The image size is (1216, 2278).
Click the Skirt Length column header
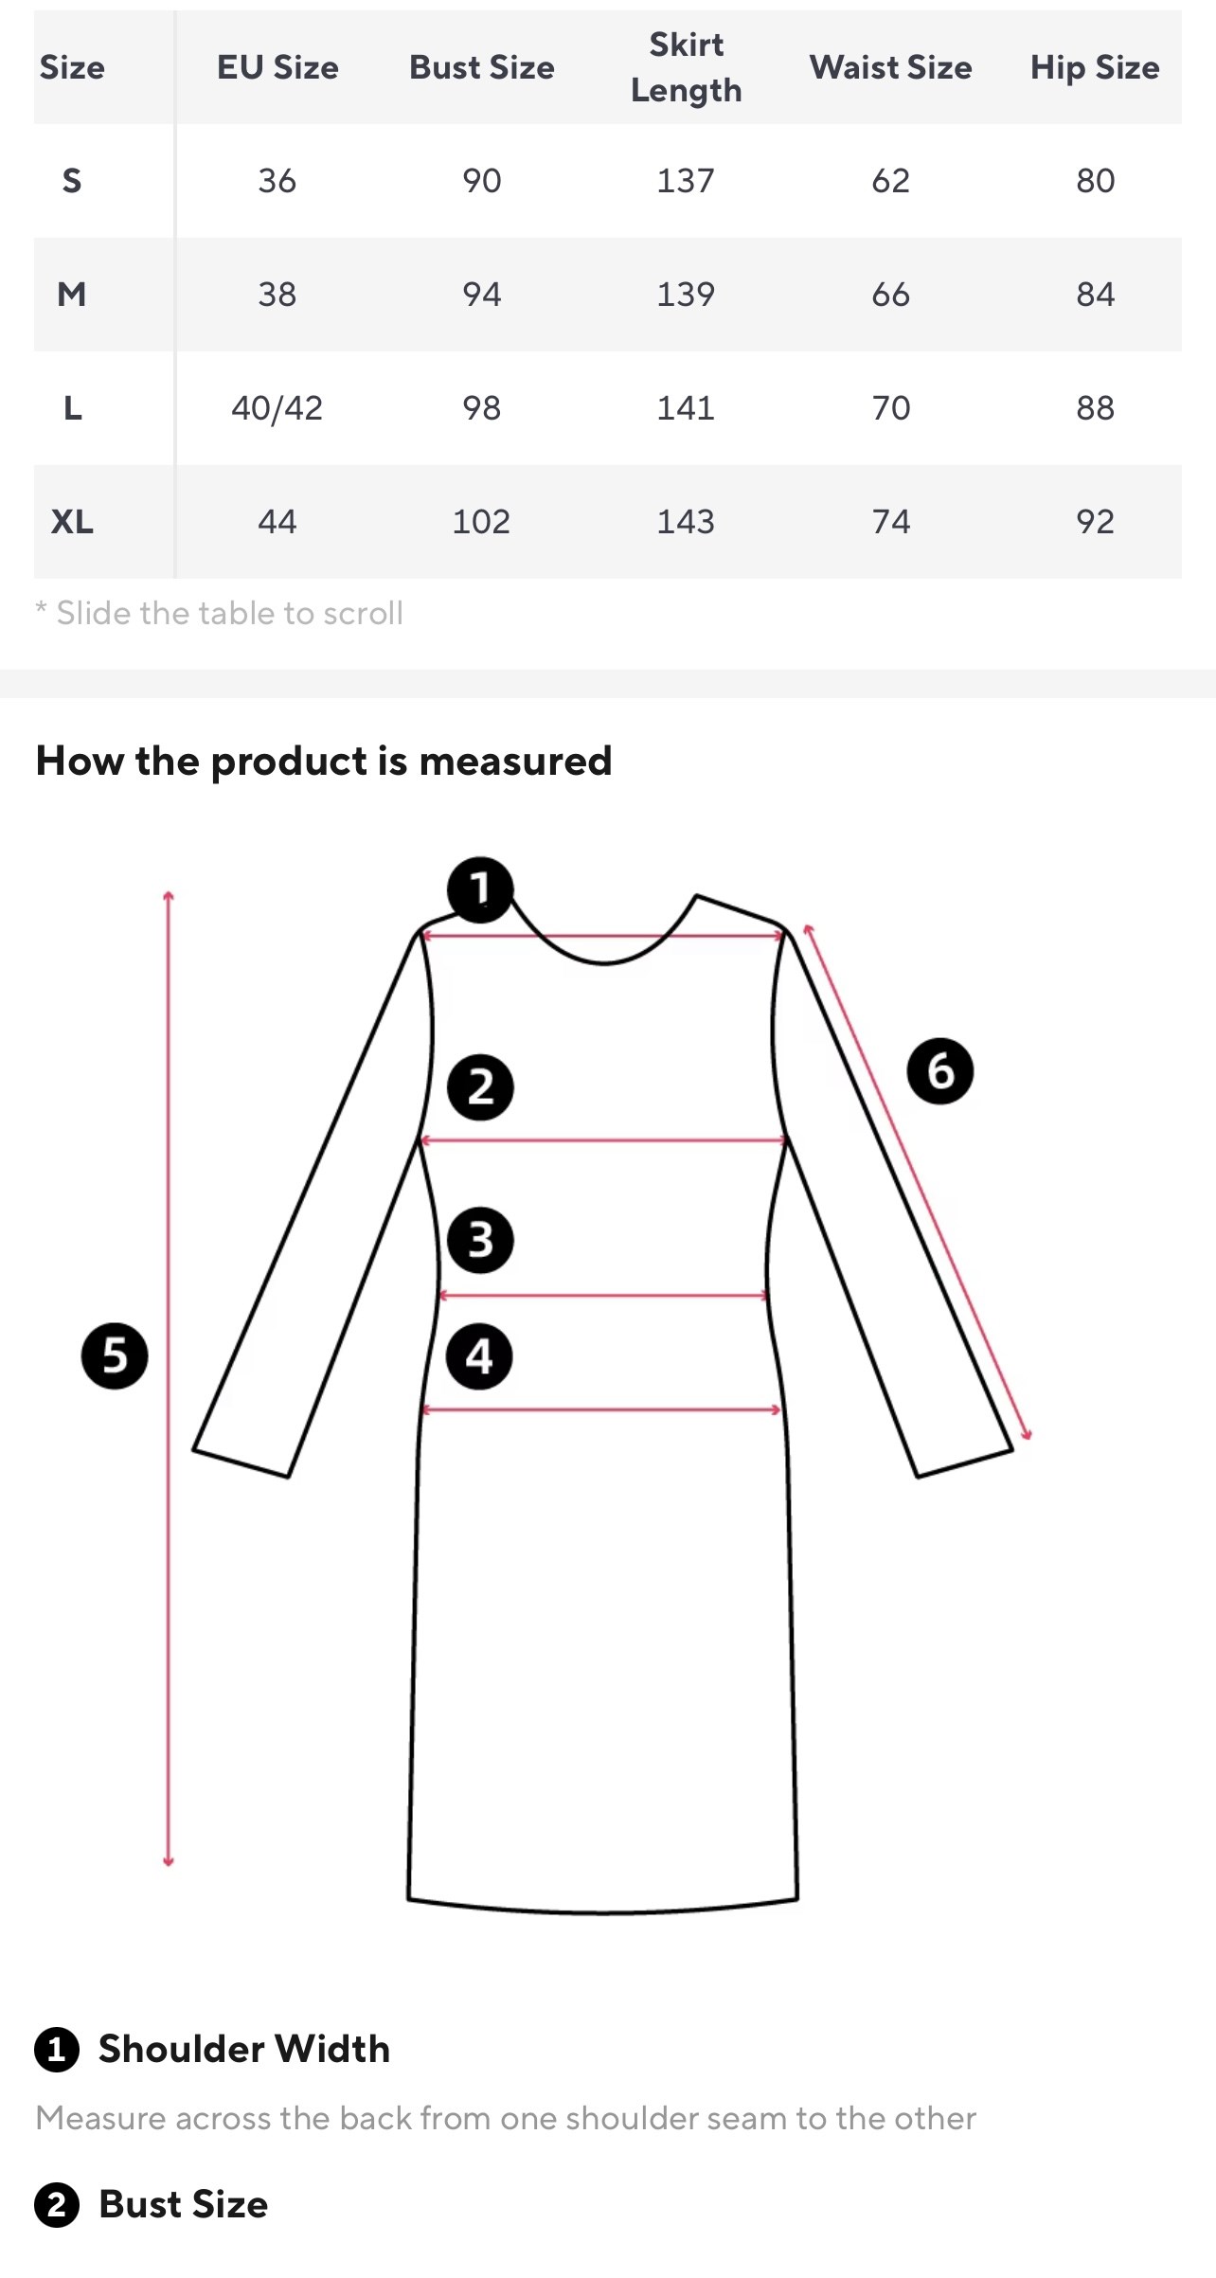coord(686,67)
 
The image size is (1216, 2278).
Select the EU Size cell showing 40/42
coord(277,408)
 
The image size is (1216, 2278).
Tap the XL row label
coord(72,522)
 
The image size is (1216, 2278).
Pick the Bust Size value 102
coord(481,522)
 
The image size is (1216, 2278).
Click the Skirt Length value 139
coord(686,295)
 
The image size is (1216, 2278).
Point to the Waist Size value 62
coord(890,181)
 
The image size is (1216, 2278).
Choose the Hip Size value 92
coord(1095,522)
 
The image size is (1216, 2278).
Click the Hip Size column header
coord(1095,67)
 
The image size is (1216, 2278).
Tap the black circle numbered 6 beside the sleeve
coord(939,1071)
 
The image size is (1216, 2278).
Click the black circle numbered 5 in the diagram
coord(115,1356)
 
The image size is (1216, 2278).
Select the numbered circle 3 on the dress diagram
coord(480,1240)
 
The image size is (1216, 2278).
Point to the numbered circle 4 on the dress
coord(479,1356)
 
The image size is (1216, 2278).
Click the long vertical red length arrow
coord(169,1378)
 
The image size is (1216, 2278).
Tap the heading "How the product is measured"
coord(324,762)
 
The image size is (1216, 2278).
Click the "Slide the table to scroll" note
coord(220,614)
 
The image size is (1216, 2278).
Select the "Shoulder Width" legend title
coord(244,2049)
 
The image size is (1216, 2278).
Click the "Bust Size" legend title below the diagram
coord(184,2204)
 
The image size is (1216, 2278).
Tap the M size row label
coord(72,295)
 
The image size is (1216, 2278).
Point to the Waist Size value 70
coord(890,408)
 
